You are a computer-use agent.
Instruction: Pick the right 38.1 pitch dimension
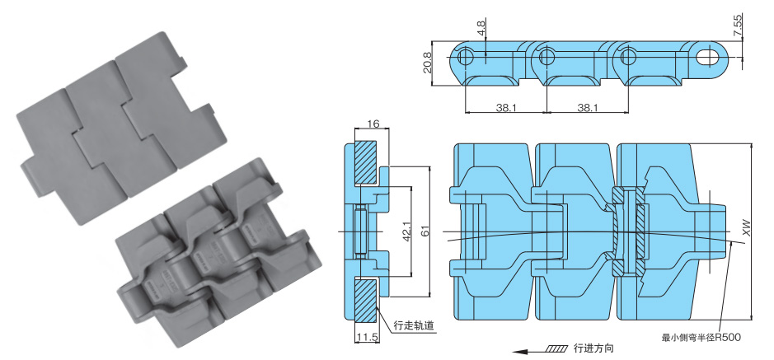[587, 107]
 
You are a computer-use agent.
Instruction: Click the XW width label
[748, 230]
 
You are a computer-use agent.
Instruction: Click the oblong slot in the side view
[707, 58]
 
